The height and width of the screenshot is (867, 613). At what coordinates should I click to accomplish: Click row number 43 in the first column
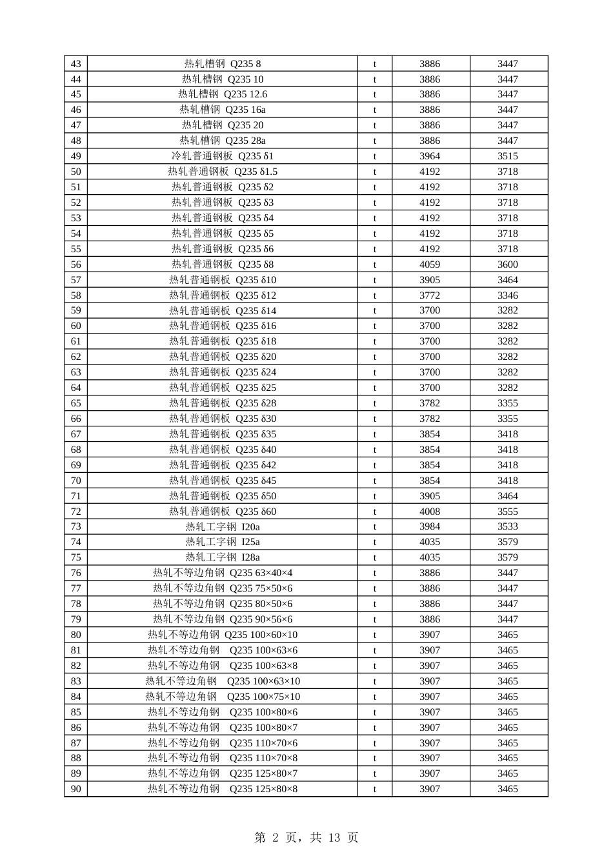[76, 64]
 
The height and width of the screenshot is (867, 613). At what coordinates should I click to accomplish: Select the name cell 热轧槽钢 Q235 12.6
[223, 94]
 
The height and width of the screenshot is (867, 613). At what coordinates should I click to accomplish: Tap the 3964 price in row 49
[430, 156]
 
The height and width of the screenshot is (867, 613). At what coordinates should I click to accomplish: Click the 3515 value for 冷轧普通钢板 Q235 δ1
[508, 156]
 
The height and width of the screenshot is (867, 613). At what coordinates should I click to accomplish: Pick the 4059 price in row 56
[430, 264]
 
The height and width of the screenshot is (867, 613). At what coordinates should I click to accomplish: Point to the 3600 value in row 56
[508, 264]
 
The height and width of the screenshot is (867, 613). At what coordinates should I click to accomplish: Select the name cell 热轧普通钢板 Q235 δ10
[223, 280]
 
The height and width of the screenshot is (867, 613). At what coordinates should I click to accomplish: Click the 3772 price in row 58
[430, 295]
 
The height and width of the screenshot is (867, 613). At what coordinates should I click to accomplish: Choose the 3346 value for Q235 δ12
[508, 295]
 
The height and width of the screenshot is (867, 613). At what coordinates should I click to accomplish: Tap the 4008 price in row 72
[430, 512]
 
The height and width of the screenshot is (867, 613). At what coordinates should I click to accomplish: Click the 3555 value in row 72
[508, 512]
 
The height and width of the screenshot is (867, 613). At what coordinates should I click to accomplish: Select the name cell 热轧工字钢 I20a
[223, 526]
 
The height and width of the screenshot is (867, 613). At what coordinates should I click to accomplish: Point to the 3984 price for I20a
[430, 526]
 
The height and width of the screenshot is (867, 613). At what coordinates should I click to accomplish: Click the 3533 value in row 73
[508, 526]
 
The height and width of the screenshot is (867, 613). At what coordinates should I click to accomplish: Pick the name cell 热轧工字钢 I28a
[223, 557]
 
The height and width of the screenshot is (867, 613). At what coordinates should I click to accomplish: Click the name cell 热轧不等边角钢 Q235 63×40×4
[223, 573]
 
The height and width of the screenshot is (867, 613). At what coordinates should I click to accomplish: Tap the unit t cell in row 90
[375, 789]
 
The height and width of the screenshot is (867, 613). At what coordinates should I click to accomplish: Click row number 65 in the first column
[76, 403]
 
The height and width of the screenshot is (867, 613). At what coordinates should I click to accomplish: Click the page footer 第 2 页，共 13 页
[306, 838]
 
